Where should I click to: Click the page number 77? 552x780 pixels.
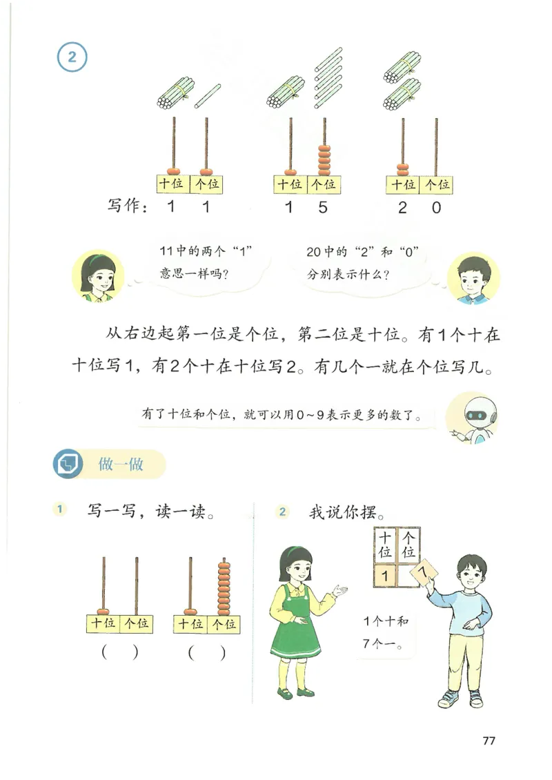(x=489, y=741)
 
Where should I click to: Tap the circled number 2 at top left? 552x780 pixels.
(x=72, y=57)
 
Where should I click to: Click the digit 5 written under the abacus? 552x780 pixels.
(x=323, y=206)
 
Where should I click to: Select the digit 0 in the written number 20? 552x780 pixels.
(x=436, y=206)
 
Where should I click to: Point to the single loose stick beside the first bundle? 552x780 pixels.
(x=207, y=96)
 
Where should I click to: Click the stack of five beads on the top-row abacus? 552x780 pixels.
(x=323, y=159)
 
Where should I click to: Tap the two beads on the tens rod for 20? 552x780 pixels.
(x=402, y=168)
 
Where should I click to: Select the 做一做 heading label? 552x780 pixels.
(x=121, y=464)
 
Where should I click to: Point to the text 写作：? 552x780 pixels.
(x=128, y=206)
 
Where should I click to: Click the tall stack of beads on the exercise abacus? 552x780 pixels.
(x=223, y=588)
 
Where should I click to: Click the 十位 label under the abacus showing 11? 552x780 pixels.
(x=172, y=184)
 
